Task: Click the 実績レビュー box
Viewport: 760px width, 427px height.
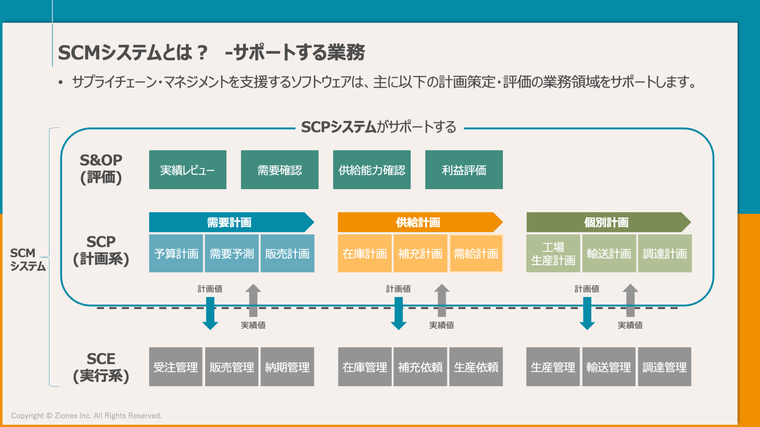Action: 187,170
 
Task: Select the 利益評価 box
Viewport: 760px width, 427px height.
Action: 464,170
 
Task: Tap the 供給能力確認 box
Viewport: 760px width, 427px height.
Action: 371,170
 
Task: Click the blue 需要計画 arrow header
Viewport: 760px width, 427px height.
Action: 229,222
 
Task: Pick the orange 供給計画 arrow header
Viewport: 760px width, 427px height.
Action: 418,222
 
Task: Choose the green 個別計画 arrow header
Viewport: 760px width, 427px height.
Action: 607,222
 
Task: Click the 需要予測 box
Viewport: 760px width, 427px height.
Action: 232,254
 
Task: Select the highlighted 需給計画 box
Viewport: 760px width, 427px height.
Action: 476,254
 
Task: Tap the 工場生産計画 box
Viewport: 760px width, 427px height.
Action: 553,254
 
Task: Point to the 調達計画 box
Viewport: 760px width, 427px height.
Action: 665,254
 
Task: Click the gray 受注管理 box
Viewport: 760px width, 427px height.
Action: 176,367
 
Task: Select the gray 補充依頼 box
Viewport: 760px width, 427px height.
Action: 420,367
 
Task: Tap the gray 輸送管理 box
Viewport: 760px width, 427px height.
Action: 609,367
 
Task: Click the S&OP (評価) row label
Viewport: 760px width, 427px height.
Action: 101,169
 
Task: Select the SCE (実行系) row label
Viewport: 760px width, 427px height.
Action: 101,367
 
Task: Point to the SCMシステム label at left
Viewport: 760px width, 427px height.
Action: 27,259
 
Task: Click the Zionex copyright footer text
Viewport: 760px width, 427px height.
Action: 86,416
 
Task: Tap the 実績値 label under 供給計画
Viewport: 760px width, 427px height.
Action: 441,325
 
